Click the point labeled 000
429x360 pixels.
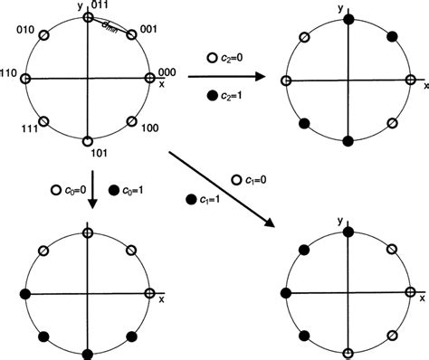[149, 79]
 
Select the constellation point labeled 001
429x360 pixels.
[132, 34]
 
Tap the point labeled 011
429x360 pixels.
[87, 16]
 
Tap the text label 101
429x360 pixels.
[98, 153]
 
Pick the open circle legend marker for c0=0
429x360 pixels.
[56, 190]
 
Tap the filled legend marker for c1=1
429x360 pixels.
[192, 198]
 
